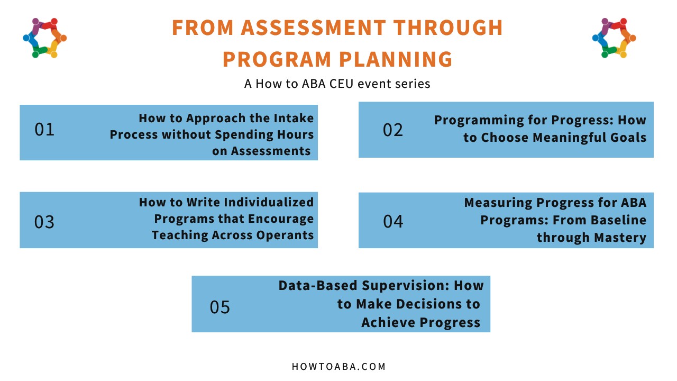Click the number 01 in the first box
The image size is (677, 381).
click(x=44, y=130)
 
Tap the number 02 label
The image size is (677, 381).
click(x=393, y=130)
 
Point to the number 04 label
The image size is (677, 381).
click(x=393, y=221)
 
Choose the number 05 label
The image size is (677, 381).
click(x=220, y=307)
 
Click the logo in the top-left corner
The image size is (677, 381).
click(x=44, y=38)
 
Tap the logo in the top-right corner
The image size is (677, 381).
click(x=614, y=38)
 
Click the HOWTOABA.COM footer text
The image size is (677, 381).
click(x=338, y=366)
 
